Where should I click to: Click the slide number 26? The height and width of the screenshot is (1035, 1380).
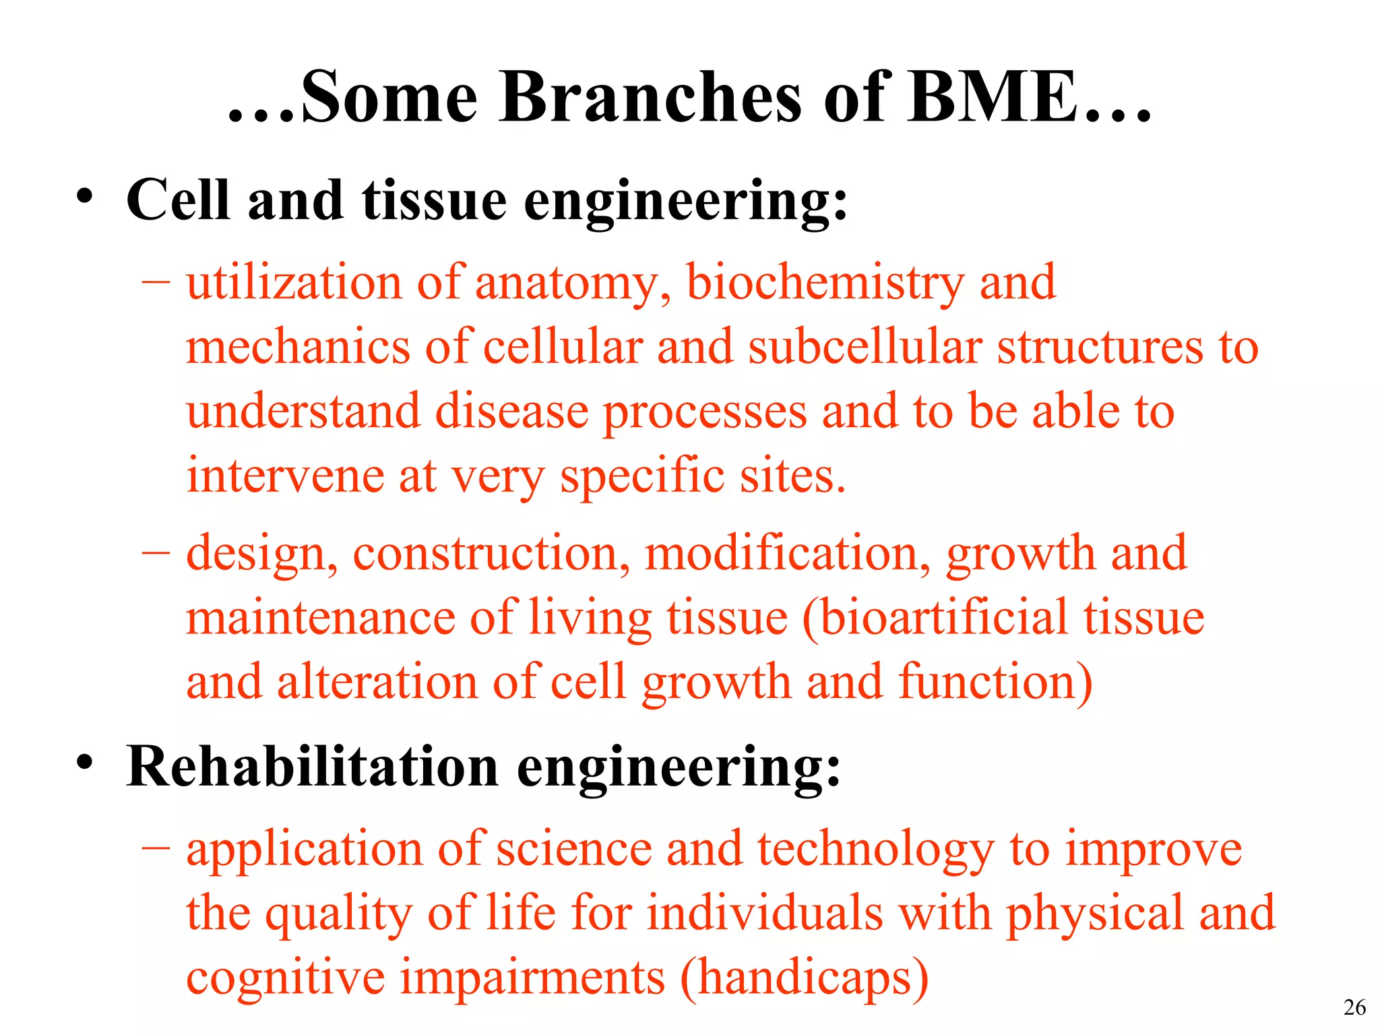(x=1354, y=1007)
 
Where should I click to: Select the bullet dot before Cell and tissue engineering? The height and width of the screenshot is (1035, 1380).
(x=84, y=196)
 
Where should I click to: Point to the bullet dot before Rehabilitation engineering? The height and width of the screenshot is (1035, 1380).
(x=84, y=762)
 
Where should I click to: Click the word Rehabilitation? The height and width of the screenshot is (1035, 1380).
(x=312, y=767)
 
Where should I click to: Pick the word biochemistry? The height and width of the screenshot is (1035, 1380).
(x=825, y=283)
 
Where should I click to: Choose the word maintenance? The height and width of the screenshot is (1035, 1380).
(x=321, y=618)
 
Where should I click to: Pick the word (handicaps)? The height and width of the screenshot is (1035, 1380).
(x=805, y=978)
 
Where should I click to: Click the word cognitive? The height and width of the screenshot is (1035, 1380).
(x=286, y=978)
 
